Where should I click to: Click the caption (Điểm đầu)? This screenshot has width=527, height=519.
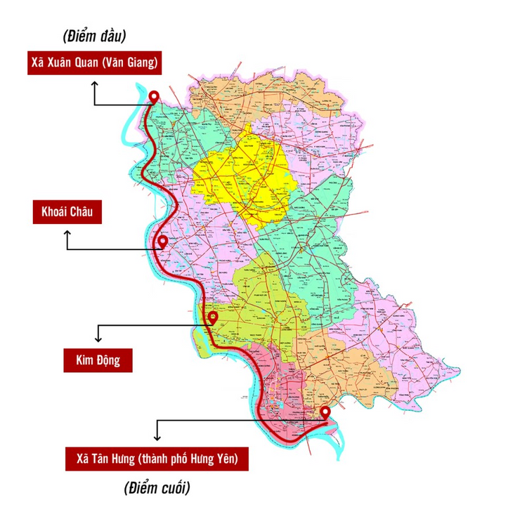(x=89, y=36)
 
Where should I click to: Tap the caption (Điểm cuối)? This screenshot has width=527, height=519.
(x=157, y=487)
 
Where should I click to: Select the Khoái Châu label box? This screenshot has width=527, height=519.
(x=68, y=212)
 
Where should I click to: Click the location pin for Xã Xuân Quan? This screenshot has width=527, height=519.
(x=155, y=97)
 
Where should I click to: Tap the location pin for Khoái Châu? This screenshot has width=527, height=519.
(x=163, y=242)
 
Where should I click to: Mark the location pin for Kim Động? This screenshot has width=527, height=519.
(x=213, y=317)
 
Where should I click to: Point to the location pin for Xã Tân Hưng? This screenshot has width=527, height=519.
(x=325, y=412)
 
